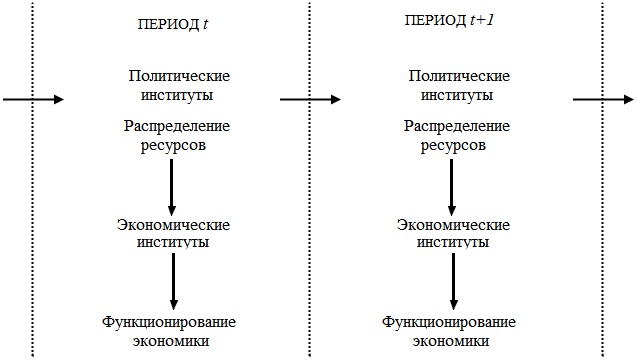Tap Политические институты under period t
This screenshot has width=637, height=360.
tap(180, 86)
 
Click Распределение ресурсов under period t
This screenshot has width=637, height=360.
tap(178, 137)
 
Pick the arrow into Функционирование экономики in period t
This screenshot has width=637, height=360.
tap(174, 281)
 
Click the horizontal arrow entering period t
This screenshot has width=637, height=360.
tap(33, 99)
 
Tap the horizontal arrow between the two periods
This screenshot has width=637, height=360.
tap(310, 99)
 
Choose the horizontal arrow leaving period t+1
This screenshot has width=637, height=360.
tap(602, 99)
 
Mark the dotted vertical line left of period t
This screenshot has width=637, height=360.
tap(33, 200)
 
